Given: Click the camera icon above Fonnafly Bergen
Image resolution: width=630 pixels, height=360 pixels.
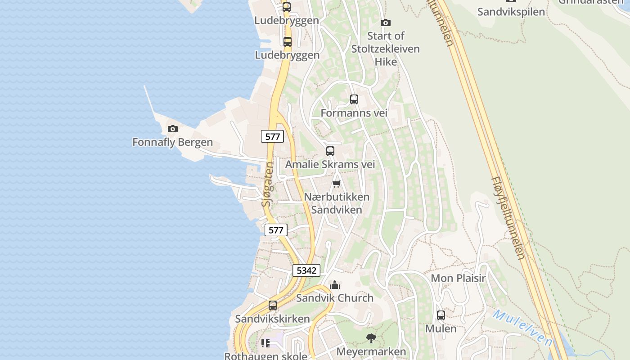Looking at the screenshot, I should [x=172, y=129].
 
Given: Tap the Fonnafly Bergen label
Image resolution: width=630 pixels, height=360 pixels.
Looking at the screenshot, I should [x=172, y=142].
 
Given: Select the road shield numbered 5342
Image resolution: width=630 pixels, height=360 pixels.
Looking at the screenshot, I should [x=306, y=270].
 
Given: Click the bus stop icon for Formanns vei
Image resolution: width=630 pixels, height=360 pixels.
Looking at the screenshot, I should [x=354, y=99].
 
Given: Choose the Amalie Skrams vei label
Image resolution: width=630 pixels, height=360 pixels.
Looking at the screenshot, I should [x=330, y=164].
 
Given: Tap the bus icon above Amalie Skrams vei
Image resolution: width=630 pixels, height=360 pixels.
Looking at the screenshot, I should [x=330, y=151].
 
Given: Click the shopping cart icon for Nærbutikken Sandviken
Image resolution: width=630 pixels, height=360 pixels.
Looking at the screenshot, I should [x=336, y=184].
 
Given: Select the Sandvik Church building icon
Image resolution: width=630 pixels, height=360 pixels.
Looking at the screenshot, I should [x=335, y=285].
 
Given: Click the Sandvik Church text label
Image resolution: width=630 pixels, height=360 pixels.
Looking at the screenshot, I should [x=335, y=298].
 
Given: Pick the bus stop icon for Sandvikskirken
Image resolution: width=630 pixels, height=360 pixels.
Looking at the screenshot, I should [x=273, y=306].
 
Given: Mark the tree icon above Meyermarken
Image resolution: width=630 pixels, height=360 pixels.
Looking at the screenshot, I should [x=371, y=338].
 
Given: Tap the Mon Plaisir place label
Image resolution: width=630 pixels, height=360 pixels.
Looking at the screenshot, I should [x=458, y=278].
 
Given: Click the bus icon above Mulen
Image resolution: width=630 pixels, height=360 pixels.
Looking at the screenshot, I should [x=441, y=315].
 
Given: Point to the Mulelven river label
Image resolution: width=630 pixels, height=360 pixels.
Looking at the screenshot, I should [x=522, y=327].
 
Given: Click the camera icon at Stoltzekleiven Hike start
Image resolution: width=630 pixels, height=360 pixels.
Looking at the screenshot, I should [x=386, y=22].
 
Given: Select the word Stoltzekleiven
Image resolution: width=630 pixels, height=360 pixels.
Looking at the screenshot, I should [x=386, y=49].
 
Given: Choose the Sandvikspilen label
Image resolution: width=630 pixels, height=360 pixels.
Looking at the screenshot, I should [x=511, y=12].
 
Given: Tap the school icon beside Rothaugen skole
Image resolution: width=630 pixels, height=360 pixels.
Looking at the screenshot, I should [x=265, y=343].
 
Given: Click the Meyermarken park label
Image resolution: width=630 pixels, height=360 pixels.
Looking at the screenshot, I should [x=371, y=351].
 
